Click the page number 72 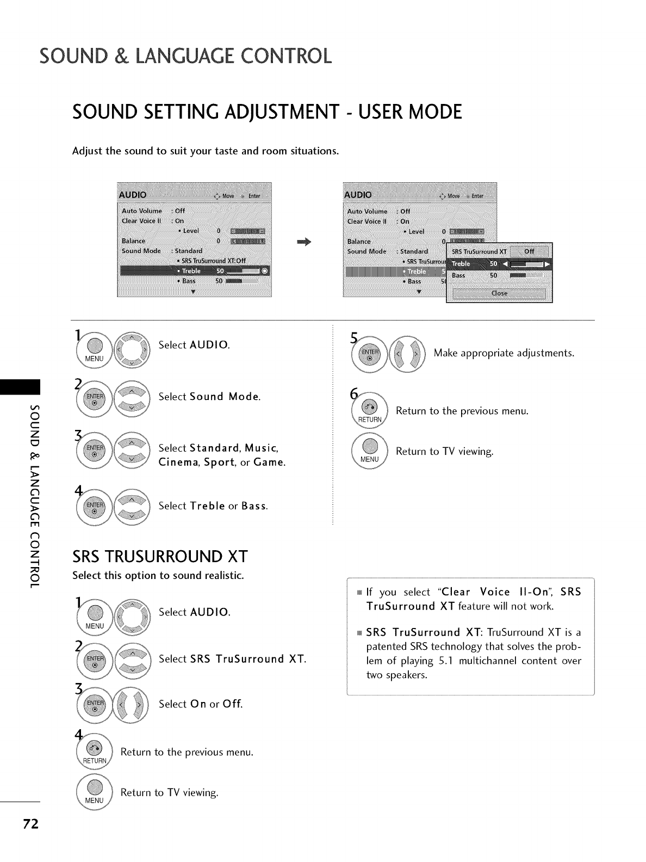30,824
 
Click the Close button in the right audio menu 499,293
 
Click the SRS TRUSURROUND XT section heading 160,557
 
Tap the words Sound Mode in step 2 225,397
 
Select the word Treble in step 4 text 208,506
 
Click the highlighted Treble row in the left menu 194,271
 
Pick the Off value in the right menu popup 529,251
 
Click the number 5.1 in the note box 446,661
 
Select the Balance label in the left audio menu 133,241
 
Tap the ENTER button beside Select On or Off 95,706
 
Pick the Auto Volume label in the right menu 367,211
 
